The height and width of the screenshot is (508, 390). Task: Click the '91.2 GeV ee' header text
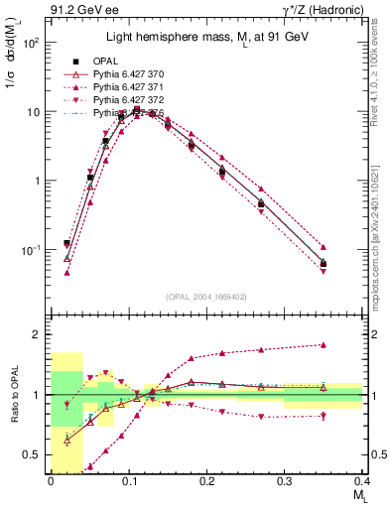[x=79, y=11]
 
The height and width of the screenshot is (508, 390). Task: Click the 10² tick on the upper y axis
[x=33, y=44]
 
